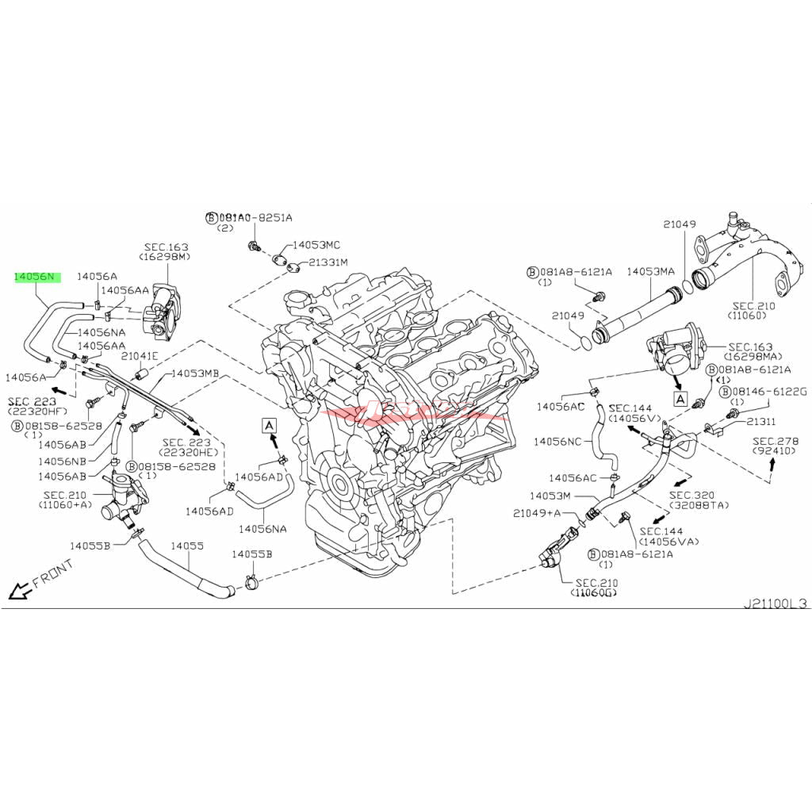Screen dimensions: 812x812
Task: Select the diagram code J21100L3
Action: click(x=774, y=603)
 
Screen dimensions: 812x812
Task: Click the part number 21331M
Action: click(x=328, y=262)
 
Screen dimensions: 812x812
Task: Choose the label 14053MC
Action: click(x=316, y=246)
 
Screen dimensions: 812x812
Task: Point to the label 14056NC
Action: click(x=559, y=441)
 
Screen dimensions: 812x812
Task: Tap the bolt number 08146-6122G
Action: click(x=768, y=392)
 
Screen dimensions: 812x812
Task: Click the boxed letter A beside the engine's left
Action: click(x=270, y=426)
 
